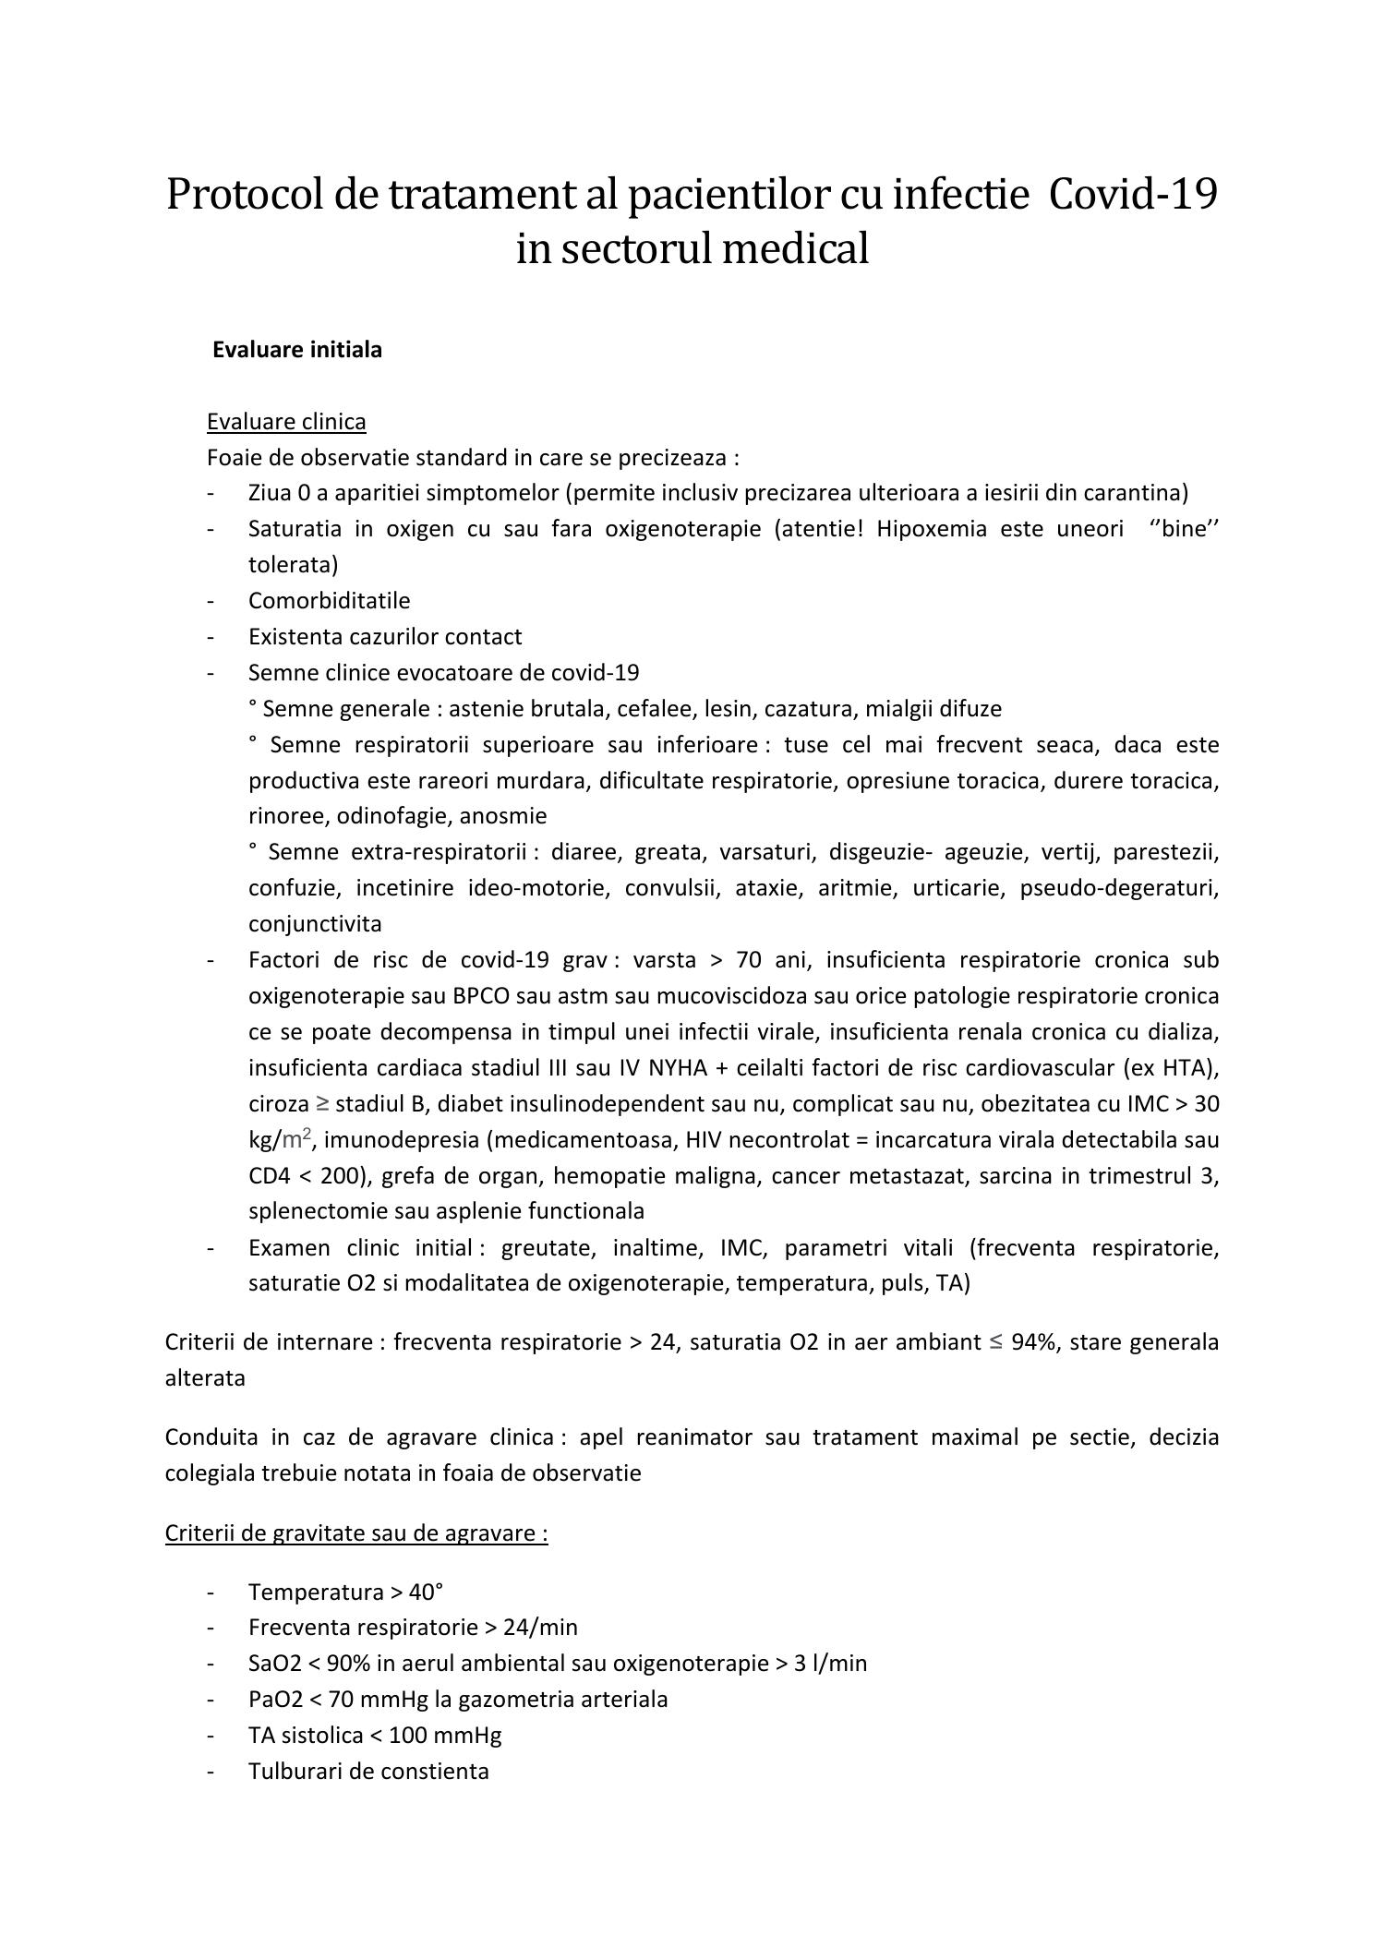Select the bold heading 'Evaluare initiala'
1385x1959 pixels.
tap(296, 351)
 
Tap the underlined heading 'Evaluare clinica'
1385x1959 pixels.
tap(286, 422)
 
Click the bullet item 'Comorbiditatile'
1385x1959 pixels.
tap(329, 601)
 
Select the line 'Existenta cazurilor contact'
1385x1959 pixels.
tap(384, 637)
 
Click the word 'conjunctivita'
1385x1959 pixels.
tap(315, 924)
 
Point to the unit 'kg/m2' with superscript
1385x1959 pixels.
tap(279, 1140)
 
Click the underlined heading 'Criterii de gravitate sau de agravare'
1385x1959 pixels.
tap(355, 1533)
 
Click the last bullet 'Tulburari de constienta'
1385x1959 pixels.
tap(367, 1772)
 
